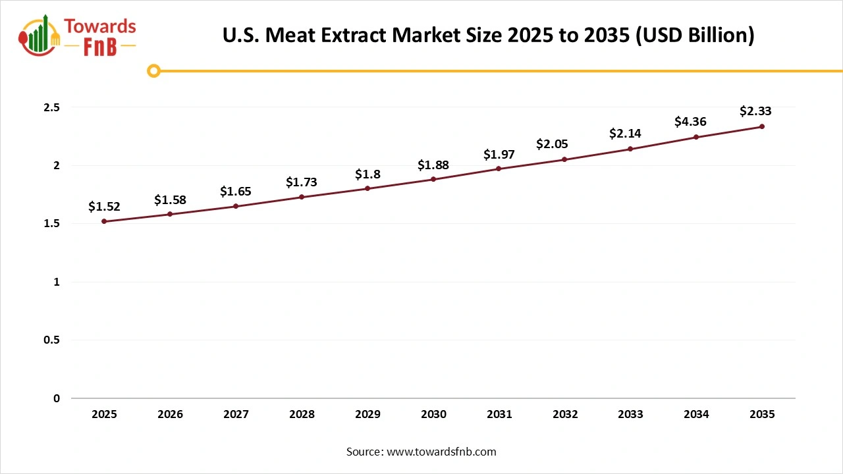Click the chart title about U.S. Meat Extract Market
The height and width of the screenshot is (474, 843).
point(488,35)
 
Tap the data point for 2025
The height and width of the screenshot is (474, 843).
point(104,221)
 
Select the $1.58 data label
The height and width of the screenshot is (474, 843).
point(170,199)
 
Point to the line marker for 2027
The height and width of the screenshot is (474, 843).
point(236,206)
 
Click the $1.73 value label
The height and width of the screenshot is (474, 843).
point(302,182)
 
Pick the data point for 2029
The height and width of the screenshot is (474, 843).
point(367,188)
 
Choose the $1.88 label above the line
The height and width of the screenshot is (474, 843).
point(433,165)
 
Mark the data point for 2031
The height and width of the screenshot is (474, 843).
point(499,169)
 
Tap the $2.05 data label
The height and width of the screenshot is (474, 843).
point(552,144)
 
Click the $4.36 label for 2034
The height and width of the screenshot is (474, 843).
point(690,122)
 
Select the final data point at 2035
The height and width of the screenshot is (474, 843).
point(762,126)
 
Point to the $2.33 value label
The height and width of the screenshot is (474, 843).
point(755,111)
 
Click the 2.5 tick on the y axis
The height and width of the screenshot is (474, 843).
point(52,107)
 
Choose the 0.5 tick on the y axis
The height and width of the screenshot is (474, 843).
point(52,340)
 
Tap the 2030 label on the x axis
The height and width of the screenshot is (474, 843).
point(433,415)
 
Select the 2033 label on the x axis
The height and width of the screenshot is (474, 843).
point(630,415)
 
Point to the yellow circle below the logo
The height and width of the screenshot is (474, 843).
point(153,70)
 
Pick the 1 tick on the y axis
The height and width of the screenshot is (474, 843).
point(57,282)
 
